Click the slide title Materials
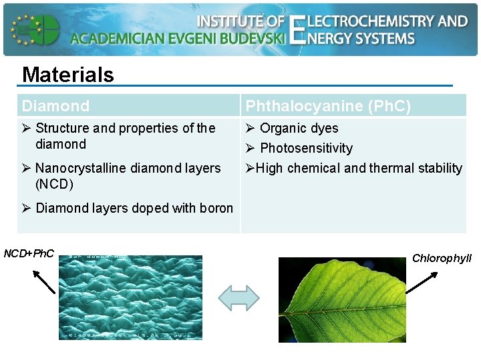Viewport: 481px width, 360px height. pos(68,74)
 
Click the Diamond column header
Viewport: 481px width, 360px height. pos(55,106)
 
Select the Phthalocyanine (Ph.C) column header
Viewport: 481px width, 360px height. pos(328,106)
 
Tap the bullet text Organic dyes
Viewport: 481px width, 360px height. pos(299,128)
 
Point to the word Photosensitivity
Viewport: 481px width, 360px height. pos(306,148)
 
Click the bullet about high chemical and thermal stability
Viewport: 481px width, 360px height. pos(354,168)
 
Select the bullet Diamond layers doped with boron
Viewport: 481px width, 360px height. pos(134,208)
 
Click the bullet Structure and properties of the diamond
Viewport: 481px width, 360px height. pos(125,136)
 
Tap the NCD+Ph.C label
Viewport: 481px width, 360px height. pos(29,253)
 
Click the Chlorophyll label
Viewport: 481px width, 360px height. pos(442,258)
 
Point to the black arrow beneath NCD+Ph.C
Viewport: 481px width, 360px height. pos(43,281)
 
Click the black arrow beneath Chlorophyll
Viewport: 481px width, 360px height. pos(421,282)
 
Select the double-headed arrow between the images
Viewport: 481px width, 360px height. pos(238,297)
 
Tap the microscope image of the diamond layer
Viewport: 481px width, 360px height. pos(131,297)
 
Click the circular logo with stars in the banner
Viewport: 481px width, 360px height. pos(35,29)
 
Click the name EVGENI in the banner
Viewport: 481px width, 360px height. pos(201,38)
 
